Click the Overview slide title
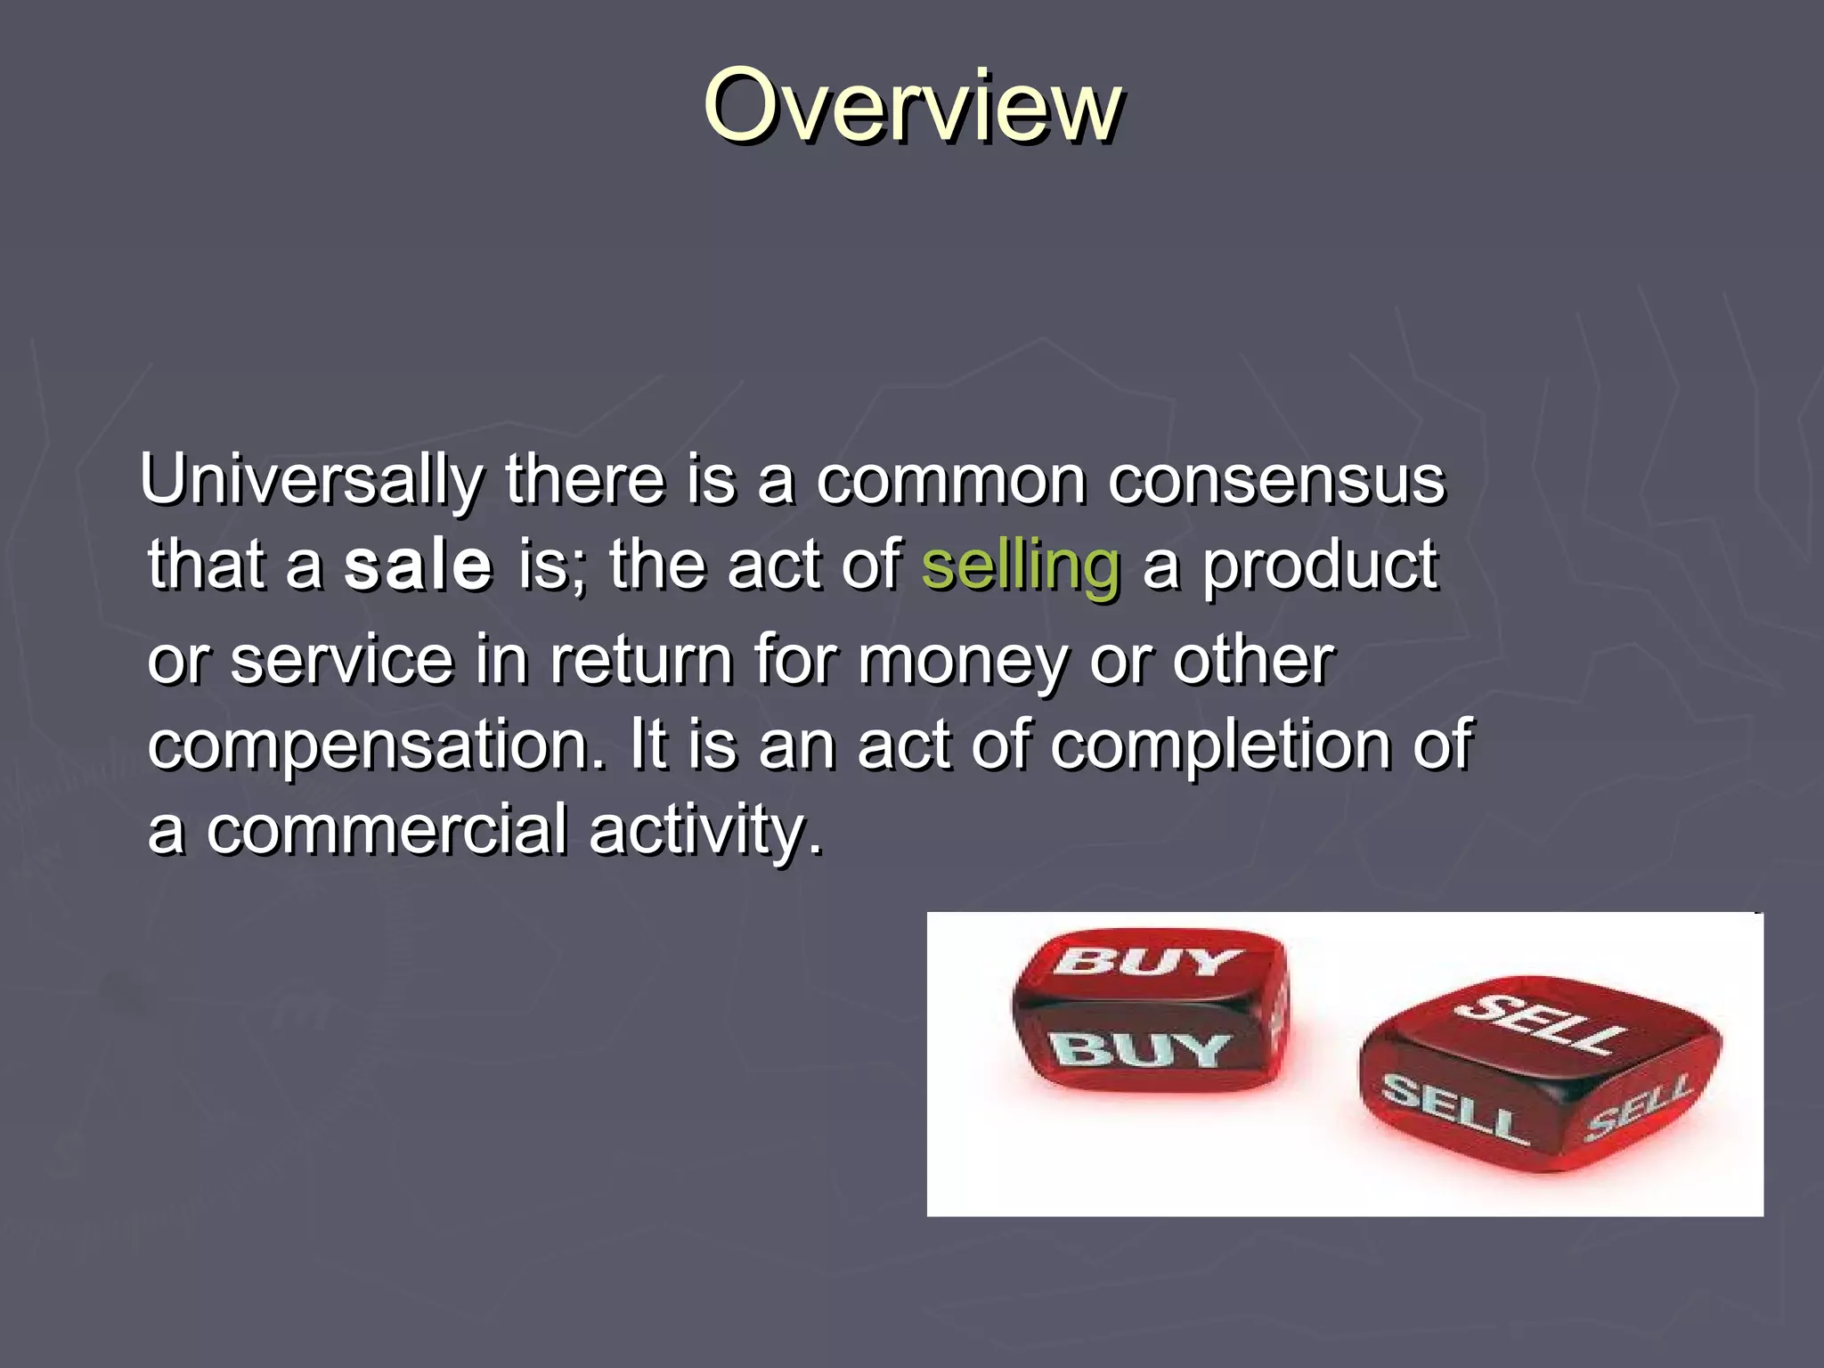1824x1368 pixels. pyautogui.click(x=912, y=107)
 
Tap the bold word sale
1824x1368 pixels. pyautogui.click(x=418, y=566)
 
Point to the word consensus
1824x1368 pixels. pyautogui.click(x=1276, y=482)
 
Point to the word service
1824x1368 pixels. pyautogui.click(x=342, y=661)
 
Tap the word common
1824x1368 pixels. pyautogui.click(x=950, y=482)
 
